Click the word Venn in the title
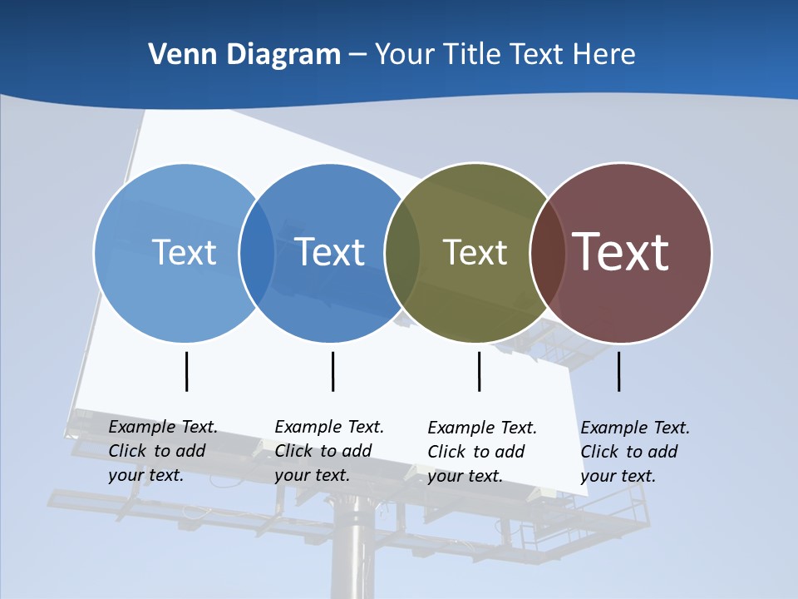(176, 55)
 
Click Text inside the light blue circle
(184, 252)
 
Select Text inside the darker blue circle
(330, 252)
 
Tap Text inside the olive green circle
(475, 252)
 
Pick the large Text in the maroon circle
(621, 252)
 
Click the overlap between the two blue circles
(257, 253)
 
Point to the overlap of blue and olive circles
(402, 253)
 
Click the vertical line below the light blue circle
(187, 371)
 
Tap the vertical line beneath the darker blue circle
(332, 371)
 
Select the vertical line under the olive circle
(479, 371)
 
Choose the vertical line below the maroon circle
(618, 371)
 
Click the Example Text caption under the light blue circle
(163, 451)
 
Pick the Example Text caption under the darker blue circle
(329, 451)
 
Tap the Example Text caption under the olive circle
(482, 452)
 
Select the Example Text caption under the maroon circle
(635, 452)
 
